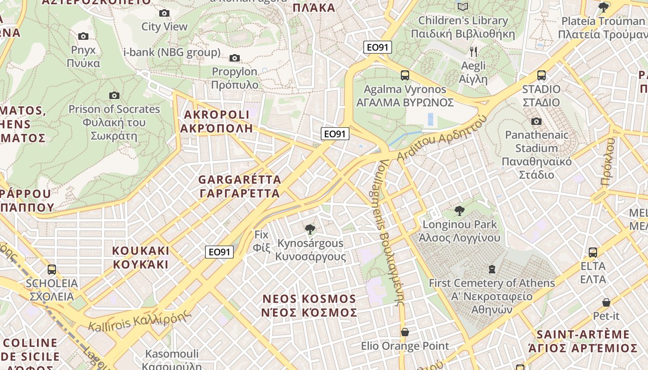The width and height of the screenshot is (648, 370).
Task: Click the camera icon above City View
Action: pyautogui.click(x=164, y=13)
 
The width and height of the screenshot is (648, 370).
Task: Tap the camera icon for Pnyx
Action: pyautogui.click(x=83, y=37)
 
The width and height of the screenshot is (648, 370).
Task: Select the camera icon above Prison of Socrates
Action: pyautogui.click(x=114, y=96)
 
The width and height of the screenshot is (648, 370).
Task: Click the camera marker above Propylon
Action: pyautogui.click(x=235, y=58)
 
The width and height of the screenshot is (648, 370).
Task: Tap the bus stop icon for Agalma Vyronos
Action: pyautogui.click(x=405, y=75)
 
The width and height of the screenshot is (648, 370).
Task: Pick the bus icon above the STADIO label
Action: pyautogui.click(x=542, y=75)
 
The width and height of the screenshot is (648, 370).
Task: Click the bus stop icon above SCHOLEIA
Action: pyautogui.click(x=52, y=269)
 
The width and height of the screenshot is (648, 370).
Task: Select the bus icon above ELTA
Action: pyautogui.click(x=593, y=253)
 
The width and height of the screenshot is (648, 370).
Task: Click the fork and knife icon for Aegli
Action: pyautogui.click(x=473, y=51)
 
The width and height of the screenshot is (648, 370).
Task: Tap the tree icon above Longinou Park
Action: pyautogui.click(x=460, y=211)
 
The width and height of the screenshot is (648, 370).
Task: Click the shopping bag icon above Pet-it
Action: pyautogui.click(x=606, y=302)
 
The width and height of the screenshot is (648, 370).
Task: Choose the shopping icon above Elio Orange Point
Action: pyautogui.click(x=405, y=332)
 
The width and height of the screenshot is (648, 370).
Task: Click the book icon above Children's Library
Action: pyautogui.click(x=463, y=6)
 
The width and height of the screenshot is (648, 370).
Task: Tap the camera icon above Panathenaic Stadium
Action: pyautogui.click(x=536, y=122)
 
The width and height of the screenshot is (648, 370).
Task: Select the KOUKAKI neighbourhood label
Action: pyautogui.click(x=141, y=258)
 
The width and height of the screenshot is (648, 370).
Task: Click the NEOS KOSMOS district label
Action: pyautogui.click(x=309, y=306)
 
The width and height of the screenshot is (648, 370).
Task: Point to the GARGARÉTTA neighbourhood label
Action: pyautogui.click(x=240, y=186)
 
